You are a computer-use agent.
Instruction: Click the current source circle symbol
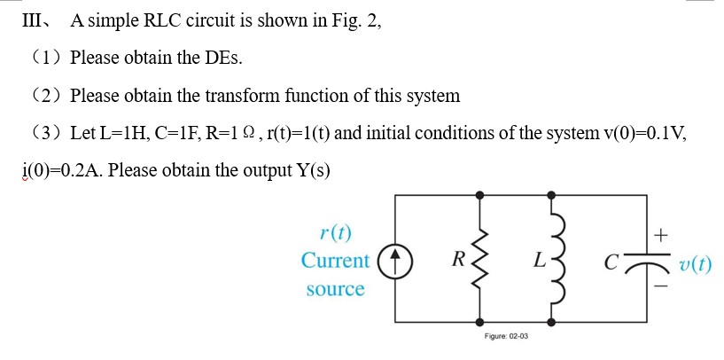coord(395,262)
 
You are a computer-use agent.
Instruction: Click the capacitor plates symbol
coord(631,262)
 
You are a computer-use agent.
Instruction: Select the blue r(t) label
coord(335,234)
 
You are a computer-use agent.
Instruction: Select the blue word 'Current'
coord(335,261)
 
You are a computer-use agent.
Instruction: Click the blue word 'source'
coord(335,289)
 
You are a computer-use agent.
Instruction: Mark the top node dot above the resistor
coord(482,192)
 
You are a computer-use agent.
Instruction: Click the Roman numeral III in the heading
coord(35,22)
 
